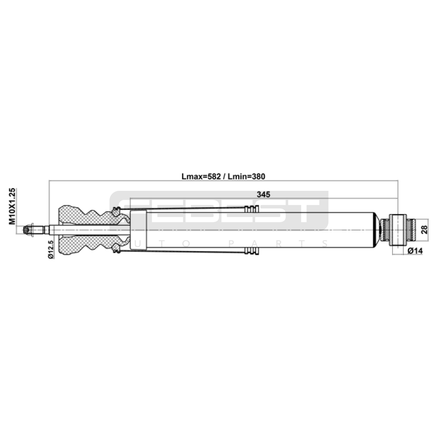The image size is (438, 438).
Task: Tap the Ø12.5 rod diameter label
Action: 51,249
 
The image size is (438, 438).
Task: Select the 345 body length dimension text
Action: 263,194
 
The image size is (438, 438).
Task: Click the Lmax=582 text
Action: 201,177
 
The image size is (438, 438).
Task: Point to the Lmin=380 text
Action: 247,177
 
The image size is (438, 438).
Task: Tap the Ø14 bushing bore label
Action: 415,251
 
